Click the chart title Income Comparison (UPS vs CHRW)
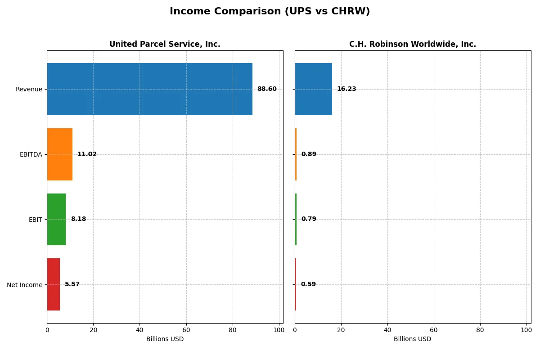(x=270, y=12)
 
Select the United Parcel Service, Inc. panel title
(x=165, y=44)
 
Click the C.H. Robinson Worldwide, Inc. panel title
(x=412, y=44)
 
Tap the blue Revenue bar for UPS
(x=149, y=89)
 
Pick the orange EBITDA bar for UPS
(x=59, y=154)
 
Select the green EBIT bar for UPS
(x=56, y=219)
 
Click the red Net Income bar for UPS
(x=53, y=284)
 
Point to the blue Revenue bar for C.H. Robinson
(x=313, y=89)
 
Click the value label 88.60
(x=267, y=89)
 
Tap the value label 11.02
(x=87, y=154)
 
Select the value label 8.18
(x=78, y=219)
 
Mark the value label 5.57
(x=72, y=284)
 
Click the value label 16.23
(x=346, y=89)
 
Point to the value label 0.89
(x=309, y=154)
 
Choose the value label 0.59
(x=308, y=284)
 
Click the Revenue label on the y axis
(x=29, y=89)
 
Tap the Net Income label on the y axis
(x=24, y=284)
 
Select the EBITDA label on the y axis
(x=31, y=154)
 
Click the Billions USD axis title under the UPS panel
(x=165, y=339)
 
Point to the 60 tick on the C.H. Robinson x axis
(x=434, y=330)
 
